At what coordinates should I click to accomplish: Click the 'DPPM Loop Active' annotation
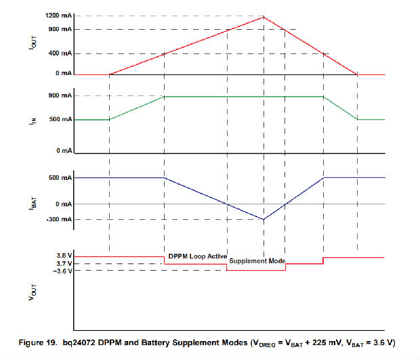[x=197, y=256]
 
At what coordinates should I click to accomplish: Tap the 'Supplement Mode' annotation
[x=257, y=261]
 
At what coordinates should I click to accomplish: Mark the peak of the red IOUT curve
[x=264, y=16]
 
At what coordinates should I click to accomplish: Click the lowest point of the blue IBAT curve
[x=264, y=219]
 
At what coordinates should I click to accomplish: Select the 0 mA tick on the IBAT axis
[x=62, y=204]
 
